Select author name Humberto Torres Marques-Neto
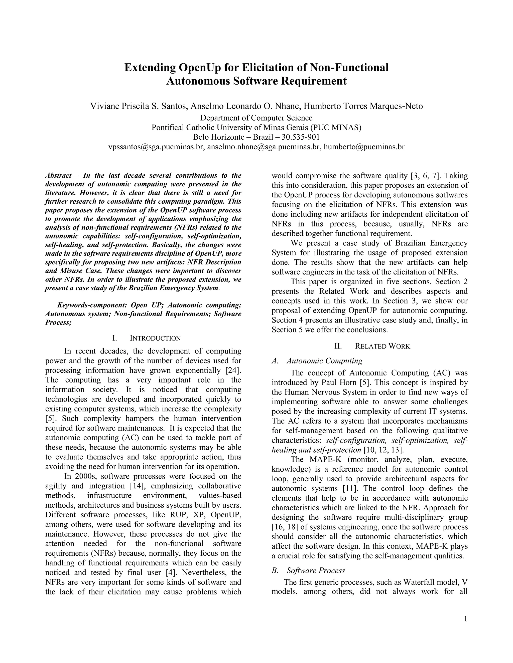coord(363,106)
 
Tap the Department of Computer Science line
coord(256,118)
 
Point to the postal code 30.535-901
coord(301,137)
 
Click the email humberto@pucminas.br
coord(364,147)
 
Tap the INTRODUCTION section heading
coord(155,338)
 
